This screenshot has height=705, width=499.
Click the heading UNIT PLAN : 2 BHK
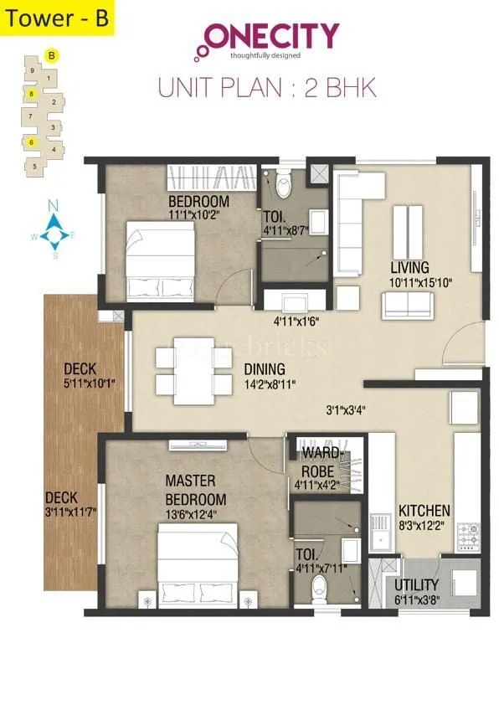coord(267,85)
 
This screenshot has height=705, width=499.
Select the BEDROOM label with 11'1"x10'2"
coord(198,208)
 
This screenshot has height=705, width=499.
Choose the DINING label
coord(265,369)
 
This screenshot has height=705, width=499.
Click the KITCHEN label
coord(424,511)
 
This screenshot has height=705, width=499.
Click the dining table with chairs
coord(193,368)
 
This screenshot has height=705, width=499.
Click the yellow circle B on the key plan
coord(52,56)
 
